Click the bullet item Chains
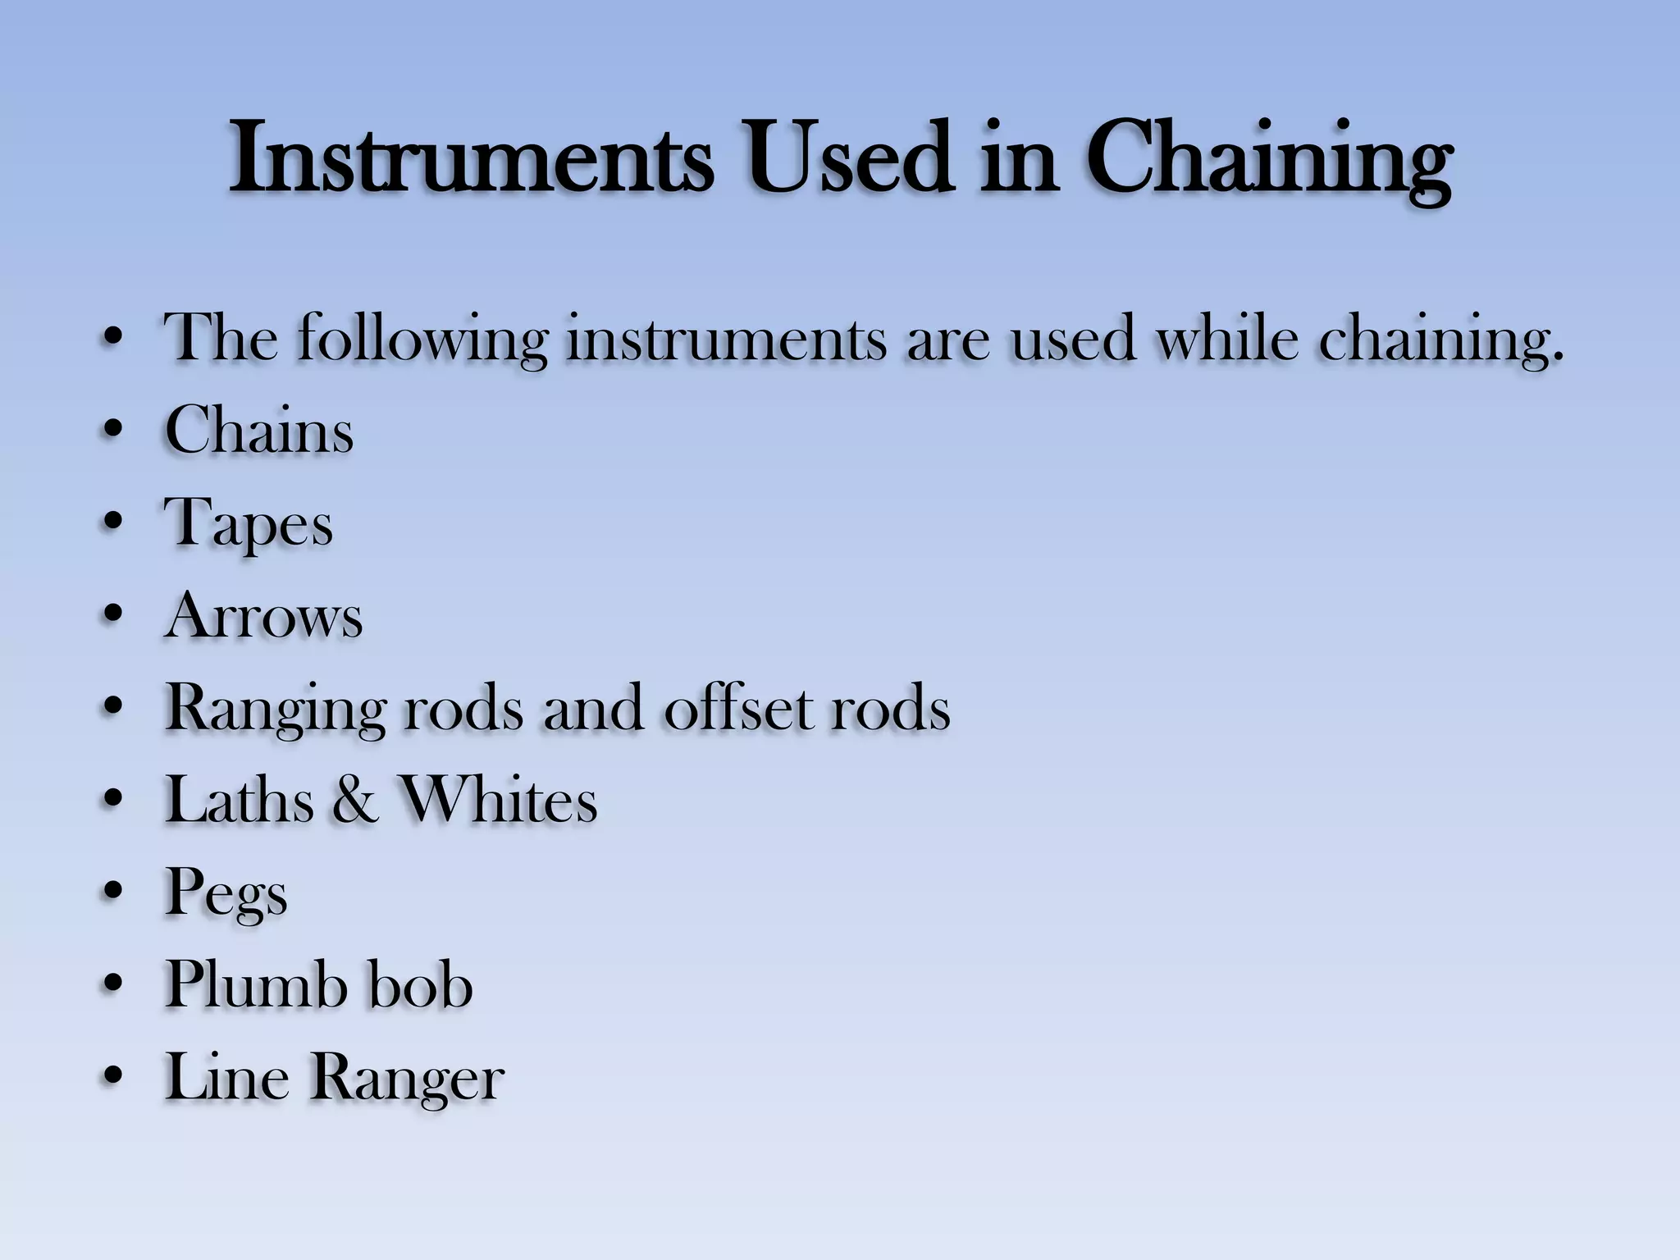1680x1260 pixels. pos(259,430)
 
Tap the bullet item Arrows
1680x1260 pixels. pos(263,615)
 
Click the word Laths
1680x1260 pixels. pos(239,800)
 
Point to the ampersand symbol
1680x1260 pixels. pos(355,800)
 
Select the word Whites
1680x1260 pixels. pos(498,800)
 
